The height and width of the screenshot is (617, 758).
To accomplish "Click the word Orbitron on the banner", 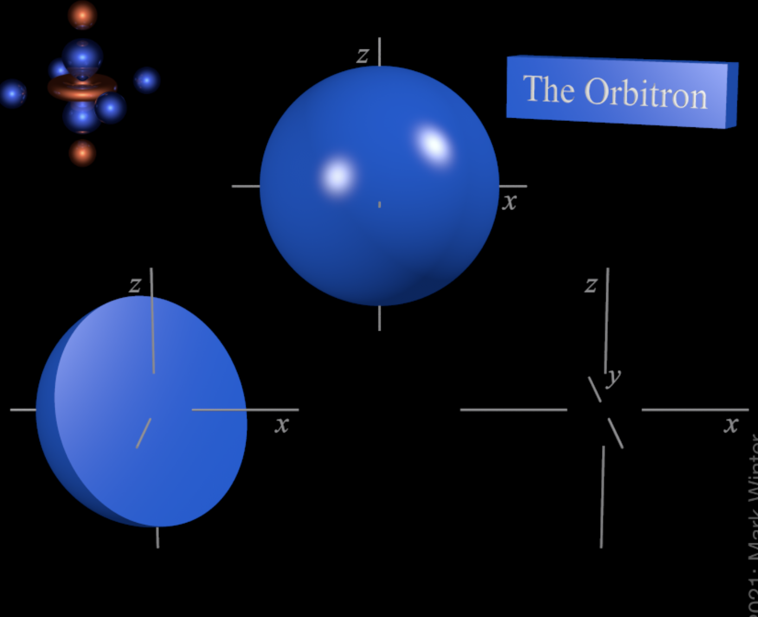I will pyautogui.click(x=646, y=93).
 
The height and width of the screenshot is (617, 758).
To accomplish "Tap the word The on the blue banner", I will pyautogui.click(x=548, y=89).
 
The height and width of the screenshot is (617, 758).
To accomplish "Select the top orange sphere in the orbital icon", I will pyautogui.click(x=82, y=15).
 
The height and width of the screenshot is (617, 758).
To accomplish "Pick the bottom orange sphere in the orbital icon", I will pyautogui.click(x=82, y=153).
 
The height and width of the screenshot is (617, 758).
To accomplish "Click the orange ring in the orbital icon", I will pyautogui.click(x=82, y=87).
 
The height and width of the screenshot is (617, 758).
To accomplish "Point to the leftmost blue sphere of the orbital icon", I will pyautogui.click(x=12, y=93).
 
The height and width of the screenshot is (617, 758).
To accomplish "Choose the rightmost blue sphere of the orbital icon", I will pyautogui.click(x=146, y=80).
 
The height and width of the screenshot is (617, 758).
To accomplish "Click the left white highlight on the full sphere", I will pyautogui.click(x=338, y=176).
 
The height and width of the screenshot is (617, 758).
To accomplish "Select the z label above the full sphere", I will pyautogui.click(x=363, y=55).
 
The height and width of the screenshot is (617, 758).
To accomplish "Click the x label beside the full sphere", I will pyautogui.click(x=509, y=202).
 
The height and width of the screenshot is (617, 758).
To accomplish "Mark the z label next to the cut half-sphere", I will pyautogui.click(x=135, y=285).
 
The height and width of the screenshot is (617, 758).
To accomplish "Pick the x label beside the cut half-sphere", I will pyautogui.click(x=281, y=425).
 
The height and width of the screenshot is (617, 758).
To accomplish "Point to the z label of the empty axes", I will pyautogui.click(x=591, y=285).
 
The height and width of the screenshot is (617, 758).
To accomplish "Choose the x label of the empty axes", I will pyautogui.click(x=731, y=425).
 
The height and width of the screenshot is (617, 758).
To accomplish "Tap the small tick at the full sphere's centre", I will pyautogui.click(x=380, y=204).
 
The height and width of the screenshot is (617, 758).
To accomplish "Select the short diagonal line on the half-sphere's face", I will pyautogui.click(x=143, y=433).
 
